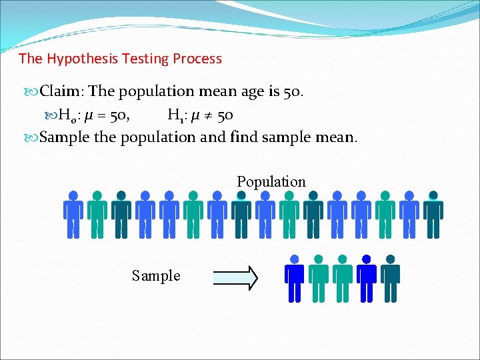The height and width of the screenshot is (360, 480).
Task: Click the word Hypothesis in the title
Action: click(x=81, y=59)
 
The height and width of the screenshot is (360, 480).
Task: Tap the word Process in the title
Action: click(x=197, y=59)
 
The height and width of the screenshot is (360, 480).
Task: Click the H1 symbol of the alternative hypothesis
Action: click(x=177, y=116)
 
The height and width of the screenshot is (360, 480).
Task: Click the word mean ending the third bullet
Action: click(x=338, y=138)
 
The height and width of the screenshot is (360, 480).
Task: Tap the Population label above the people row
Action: click(x=271, y=181)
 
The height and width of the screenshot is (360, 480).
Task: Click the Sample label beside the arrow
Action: click(x=156, y=275)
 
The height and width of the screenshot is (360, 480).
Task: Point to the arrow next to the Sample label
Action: click(x=235, y=277)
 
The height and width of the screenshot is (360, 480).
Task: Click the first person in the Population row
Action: click(x=73, y=215)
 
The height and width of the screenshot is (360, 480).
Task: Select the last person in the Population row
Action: click(x=433, y=215)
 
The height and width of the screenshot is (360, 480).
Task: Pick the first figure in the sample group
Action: click(x=295, y=279)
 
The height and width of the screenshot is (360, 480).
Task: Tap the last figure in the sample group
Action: click(x=390, y=279)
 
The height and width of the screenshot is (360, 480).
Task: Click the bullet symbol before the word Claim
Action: click(x=33, y=91)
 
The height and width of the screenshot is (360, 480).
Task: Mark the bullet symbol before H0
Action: click(x=53, y=116)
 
